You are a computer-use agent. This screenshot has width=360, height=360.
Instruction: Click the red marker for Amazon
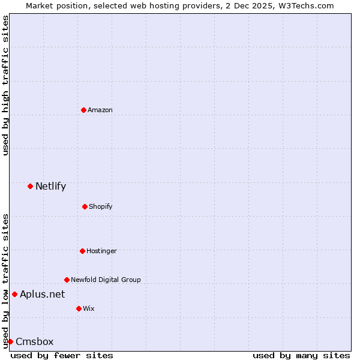pyautogui.click(x=83, y=110)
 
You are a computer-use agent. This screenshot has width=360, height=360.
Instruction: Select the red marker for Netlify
pyautogui.click(x=30, y=186)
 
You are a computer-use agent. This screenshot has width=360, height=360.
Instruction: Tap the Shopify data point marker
pyautogui.click(x=85, y=206)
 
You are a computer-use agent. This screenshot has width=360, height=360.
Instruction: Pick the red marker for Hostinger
pyautogui.click(x=82, y=251)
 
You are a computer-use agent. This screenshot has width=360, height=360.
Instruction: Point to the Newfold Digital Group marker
pyautogui.click(x=67, y=280)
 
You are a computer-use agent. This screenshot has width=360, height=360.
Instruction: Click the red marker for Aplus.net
pyautogui.click(x=14, y=294)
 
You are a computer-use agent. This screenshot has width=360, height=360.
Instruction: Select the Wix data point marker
pyautogui.click(x=79, y=308)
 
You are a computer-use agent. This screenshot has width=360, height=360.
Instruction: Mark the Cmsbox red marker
pyautogui.click(x=10, y=341)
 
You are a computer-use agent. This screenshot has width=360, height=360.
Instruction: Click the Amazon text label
pyautogui.click(x=100, y=110)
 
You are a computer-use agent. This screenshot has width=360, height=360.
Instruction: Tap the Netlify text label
pyautogui.click(x=50, y=186)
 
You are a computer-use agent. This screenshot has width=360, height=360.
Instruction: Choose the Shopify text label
pyautogui.click(x=100, y=206)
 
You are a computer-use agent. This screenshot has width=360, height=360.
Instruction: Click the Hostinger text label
pyautogui.click(x=101, y=251)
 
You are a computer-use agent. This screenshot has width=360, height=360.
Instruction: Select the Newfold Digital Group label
pyautogui.click(x=106, y=280)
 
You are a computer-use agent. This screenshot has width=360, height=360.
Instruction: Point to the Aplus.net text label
pyautogui.click(x=42, y=294)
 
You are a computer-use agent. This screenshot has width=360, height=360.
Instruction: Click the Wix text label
pyautogui.click(x=88, y=308)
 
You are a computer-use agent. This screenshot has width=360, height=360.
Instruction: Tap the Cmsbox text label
pyautogui.click(x=34, y=341)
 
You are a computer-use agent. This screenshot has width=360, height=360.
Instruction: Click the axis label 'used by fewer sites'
pyautogui.click(x=62, y=355)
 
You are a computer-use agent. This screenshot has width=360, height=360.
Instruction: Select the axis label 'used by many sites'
pyautogui.click(x=301, y=355)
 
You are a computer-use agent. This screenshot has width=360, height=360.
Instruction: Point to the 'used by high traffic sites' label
pyautogui.click(x=5, y=85)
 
